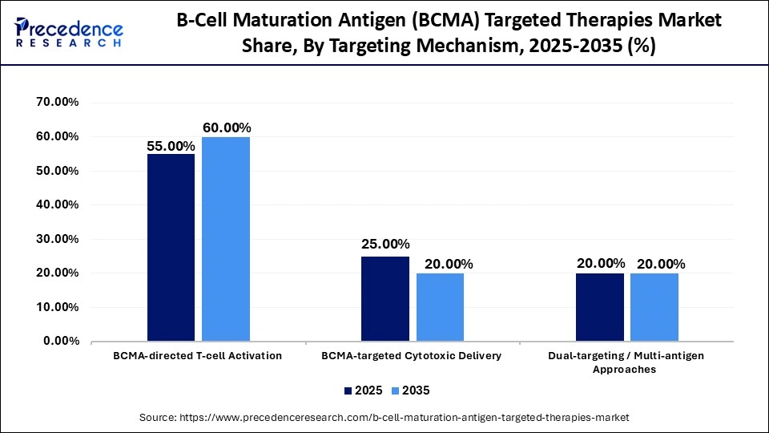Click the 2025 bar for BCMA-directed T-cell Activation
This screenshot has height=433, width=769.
[171, 247]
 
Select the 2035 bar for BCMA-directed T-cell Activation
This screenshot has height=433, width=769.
[225, 239]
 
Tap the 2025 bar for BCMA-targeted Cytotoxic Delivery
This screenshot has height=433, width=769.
[384, 298]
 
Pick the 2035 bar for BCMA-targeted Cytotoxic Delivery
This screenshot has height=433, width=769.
[440, 307]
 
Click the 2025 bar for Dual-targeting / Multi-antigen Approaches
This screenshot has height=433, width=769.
[600, 307]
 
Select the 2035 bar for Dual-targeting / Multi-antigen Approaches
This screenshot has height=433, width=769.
[654, 307]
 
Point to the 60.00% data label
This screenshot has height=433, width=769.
[227, 127]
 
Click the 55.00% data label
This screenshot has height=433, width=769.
[171, 146]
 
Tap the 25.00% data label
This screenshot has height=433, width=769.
[385, 244]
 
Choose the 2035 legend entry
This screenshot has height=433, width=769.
[412, 391]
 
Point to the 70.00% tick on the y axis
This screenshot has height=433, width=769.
[58, 103]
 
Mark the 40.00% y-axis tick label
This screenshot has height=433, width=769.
[58, 205]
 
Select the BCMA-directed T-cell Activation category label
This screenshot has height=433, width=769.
[198, 355]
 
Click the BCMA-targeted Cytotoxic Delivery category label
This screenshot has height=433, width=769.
[412, 355]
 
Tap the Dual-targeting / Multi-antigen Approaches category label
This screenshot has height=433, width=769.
[627, 362]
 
